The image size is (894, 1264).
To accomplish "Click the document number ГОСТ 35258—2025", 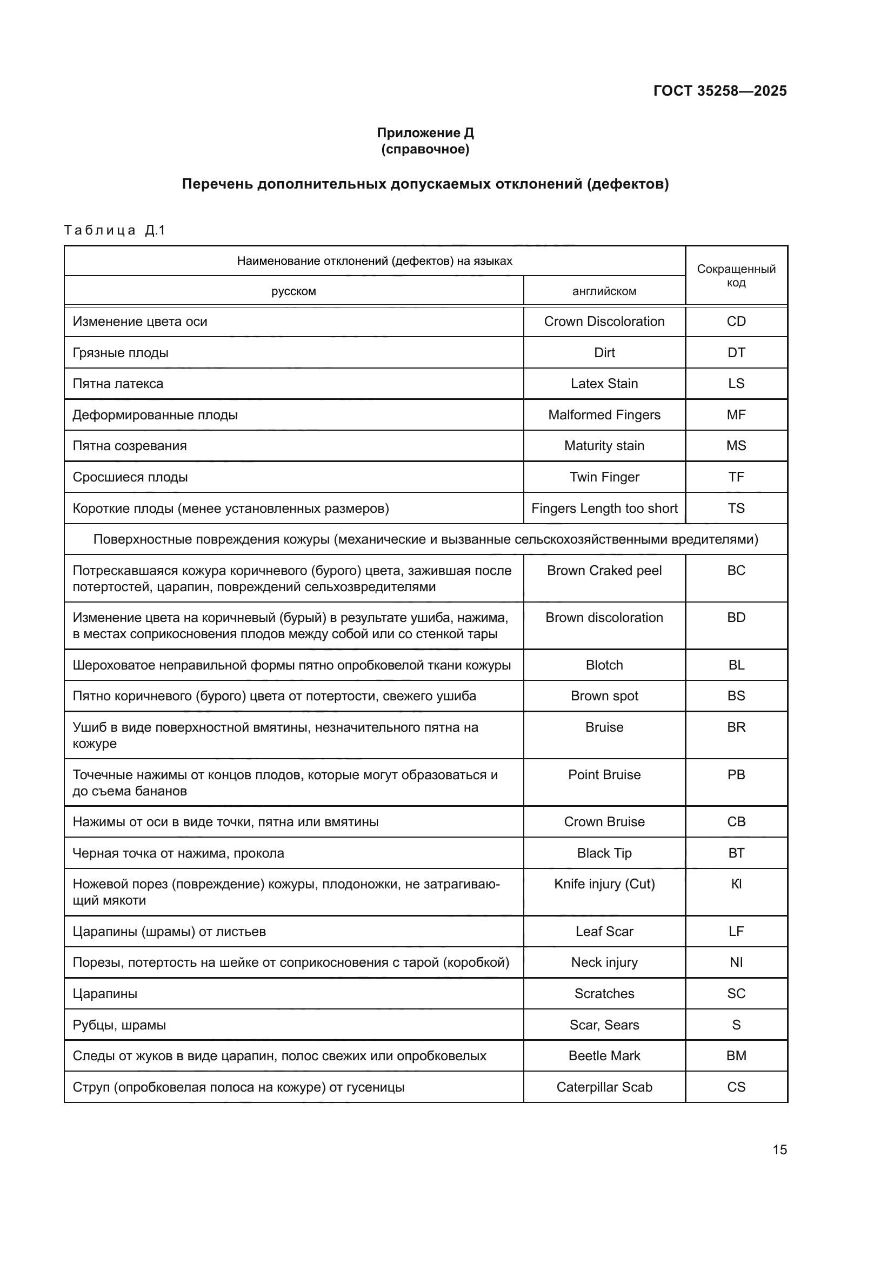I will pos(719,91).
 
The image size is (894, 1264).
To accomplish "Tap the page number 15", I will pos(779,1149).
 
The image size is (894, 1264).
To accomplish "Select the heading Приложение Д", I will pos(425,133).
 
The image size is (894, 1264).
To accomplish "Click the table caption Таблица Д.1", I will pos(115,230).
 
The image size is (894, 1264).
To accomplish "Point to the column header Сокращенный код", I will pos(736,276).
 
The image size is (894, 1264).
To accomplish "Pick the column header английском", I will pos(604,291).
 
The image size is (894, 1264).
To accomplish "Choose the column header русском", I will pos(293,291).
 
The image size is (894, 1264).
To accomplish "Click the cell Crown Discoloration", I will pos(604,322).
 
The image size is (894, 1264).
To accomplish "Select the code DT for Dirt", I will pos(736,353).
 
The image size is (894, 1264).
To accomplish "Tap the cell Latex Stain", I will pos(604,384).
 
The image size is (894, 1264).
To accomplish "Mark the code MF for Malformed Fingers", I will pos(736,415).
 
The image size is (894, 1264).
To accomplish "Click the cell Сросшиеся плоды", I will pos(130,477).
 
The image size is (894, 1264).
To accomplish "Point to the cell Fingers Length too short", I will pos(604,509).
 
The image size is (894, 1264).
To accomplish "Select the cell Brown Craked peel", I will pos(604,571).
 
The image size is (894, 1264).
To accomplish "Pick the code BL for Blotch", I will pos(736,665).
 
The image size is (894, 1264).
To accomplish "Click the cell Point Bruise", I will pos(604,774).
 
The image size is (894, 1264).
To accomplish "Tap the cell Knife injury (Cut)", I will pos(604,884).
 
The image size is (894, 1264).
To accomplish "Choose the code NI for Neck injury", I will pos(736,962).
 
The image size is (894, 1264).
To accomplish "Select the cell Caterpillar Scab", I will pos(604,1087).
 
